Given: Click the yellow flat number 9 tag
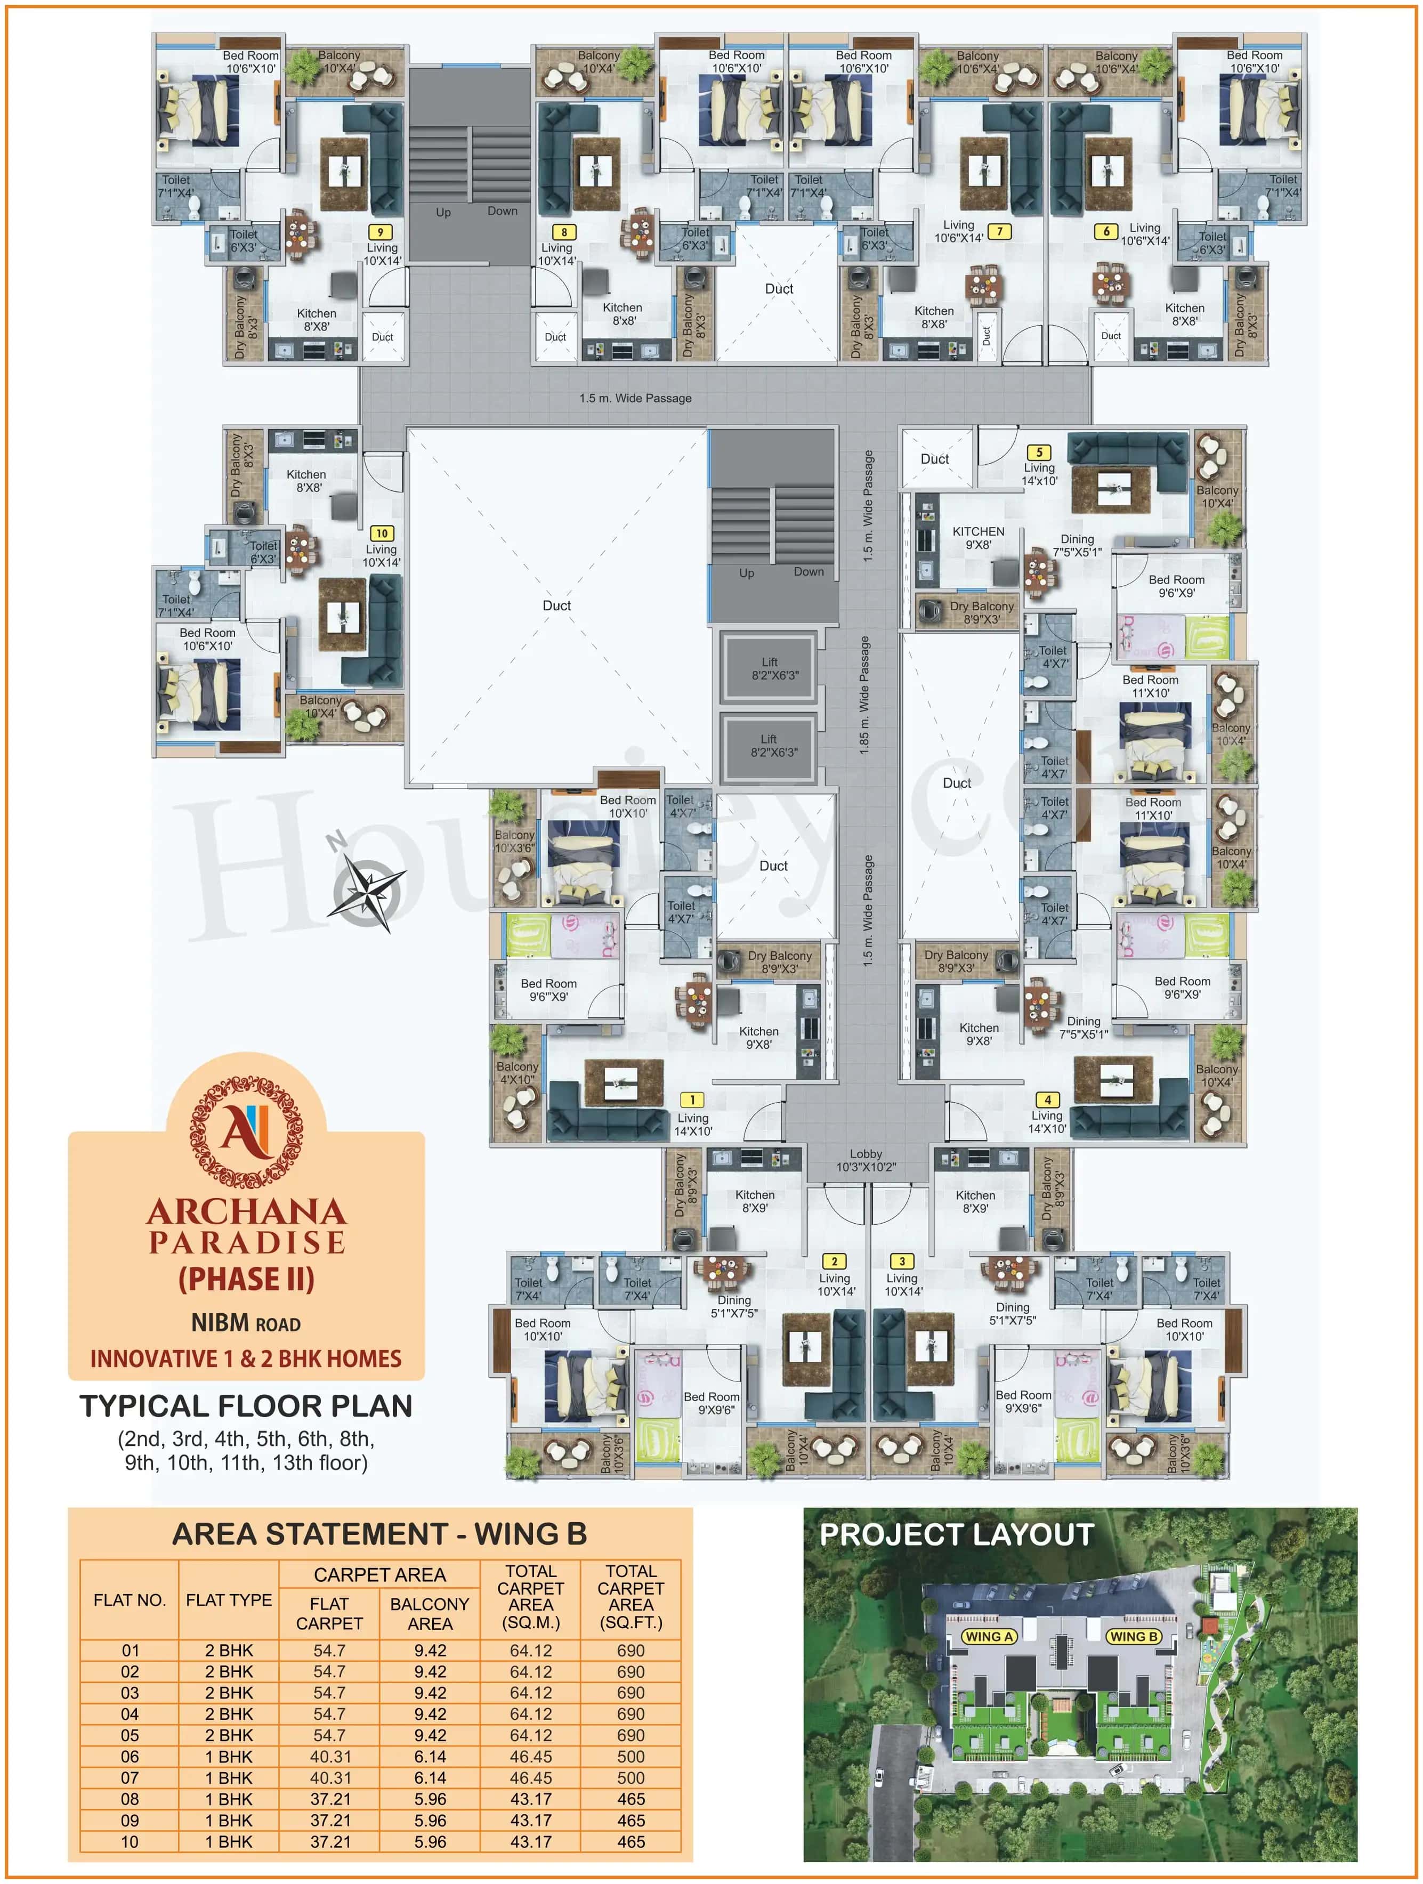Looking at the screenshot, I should (380, 232).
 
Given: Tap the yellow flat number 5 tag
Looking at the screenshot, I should (1038, 452).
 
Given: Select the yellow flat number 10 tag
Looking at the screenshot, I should (382, 533).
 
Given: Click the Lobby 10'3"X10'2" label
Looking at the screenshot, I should (865, 1160).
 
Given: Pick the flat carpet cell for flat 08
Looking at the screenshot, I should (329, 1799).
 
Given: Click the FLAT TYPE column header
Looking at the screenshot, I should (228, 1599).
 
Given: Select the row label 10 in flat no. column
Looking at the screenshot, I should (130, 1841).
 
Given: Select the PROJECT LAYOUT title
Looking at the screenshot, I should (956, 1535).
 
